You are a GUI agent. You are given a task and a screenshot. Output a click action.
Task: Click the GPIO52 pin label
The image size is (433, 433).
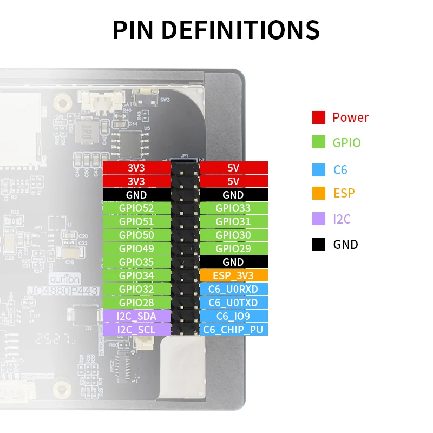coord(136,208)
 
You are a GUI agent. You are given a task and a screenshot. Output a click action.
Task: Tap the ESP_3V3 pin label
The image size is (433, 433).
coord(233,275)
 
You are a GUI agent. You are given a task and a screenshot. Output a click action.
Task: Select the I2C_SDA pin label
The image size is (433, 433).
coord(136,316)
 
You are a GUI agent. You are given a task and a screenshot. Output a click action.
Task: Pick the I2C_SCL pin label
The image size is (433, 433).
coord(136,330)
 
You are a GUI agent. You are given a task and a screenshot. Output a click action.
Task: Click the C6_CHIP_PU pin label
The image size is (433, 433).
coord(233,330)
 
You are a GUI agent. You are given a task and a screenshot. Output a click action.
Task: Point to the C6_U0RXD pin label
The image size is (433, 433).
coord(233,289)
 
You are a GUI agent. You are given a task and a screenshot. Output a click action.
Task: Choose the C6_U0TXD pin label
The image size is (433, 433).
coord(233,303)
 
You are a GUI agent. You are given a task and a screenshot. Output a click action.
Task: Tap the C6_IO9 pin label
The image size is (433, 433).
coord(233,316)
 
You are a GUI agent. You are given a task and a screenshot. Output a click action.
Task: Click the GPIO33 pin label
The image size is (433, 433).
coord(233,208)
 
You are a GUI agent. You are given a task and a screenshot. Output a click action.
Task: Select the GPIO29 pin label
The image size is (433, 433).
coord(233,248)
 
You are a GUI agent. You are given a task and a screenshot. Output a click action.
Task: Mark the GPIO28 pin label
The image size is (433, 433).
coord(136,303)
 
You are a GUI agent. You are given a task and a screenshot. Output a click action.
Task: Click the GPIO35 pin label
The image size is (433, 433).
coord(136,262)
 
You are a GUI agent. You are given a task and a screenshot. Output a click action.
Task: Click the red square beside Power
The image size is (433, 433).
coord(318,117)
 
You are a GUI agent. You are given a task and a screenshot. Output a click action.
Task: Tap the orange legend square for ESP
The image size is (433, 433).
coord(318,193)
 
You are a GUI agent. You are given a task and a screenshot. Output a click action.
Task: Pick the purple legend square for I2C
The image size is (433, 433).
coord(318,219)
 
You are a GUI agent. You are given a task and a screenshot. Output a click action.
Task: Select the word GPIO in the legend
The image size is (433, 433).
coord(346,143)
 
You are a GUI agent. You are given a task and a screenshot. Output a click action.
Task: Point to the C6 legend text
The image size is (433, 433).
coord(340,170)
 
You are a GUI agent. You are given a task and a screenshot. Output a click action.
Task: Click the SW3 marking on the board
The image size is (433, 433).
coord(165,100)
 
